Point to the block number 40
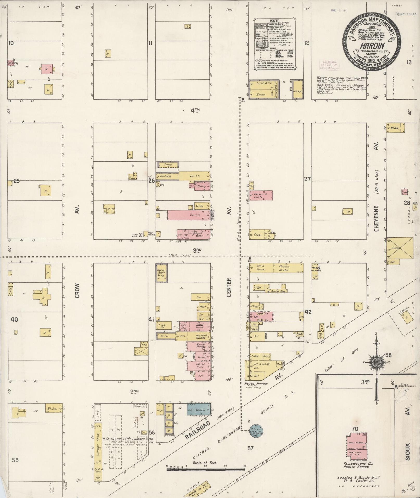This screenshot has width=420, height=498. [x=14, y=319]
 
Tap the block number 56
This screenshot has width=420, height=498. [x=152, y=433]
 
